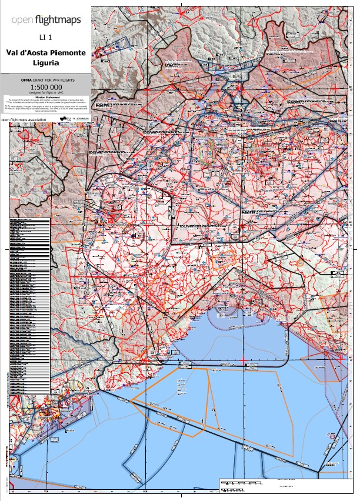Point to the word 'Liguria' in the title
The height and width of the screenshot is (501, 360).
click(45, 62)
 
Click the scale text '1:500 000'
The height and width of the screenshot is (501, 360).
click(45, 88)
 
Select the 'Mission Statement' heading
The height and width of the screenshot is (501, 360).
click(45, 99)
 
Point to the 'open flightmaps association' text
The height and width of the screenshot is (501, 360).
click(27, 120)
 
